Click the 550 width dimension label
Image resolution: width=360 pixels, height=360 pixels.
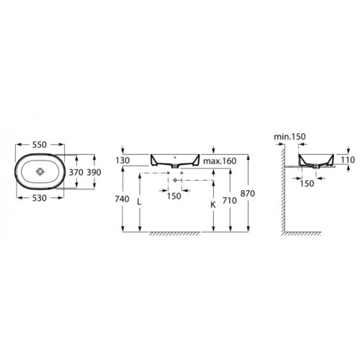[x=40, y=145]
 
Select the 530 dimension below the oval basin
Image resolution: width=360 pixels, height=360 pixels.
[x=40, y=198]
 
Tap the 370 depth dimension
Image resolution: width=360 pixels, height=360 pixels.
[x=76, y=172]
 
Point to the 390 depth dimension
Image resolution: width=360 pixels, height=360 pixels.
[x=94, y=172]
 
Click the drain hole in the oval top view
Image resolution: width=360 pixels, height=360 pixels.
[x=40, y=171]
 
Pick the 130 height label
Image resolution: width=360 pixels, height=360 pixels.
[x=122, y=161]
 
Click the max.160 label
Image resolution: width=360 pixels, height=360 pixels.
[x=220, y=161]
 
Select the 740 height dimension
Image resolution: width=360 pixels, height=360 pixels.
[x=122, y=199]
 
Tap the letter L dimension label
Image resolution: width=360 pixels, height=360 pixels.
[x=139, y=202]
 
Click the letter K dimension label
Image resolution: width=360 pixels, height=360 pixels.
[x=213, y=204]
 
